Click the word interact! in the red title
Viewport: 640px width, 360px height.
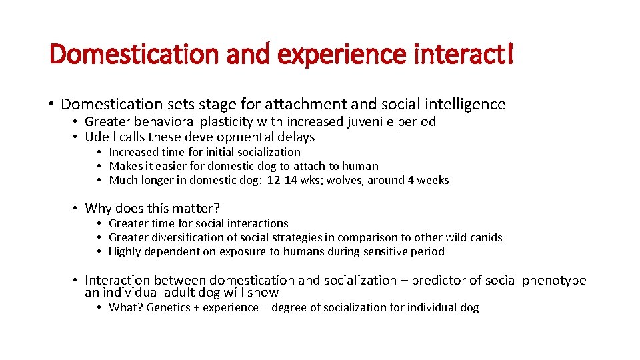pyautogui.click(x=462, y=53)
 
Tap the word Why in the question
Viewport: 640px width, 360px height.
pyautogui.click(x=99, y=208)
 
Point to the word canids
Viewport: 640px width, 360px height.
pyautogui.click(x=485, y=237)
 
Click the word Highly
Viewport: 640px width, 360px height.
pyautogui.click(x=125, y=251)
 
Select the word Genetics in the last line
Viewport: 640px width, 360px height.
pyautogui.click(x=170, y=307)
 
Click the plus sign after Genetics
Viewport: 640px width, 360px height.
pyautogui.click(x=200, y=307)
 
